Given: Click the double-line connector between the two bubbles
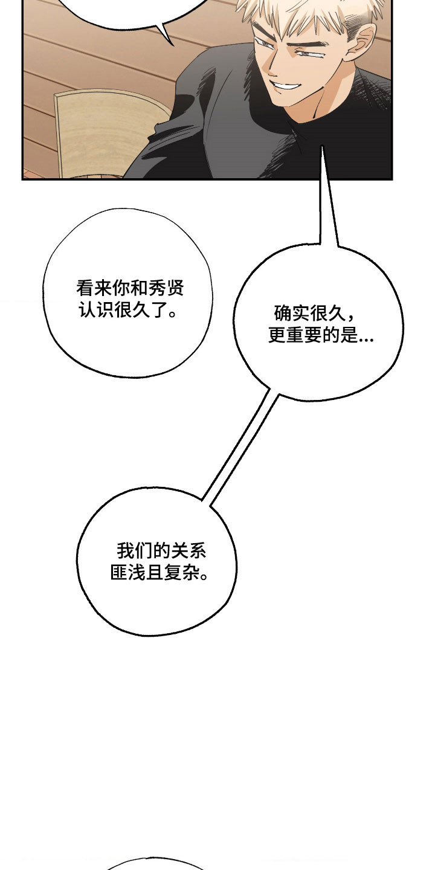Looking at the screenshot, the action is point(240,446).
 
